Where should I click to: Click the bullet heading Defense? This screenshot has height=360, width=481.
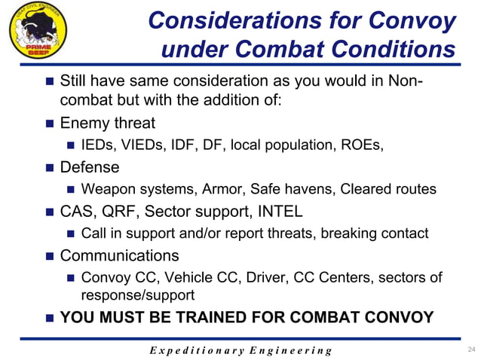89,167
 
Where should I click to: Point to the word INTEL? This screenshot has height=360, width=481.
279,211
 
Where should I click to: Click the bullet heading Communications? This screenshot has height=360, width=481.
119,255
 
